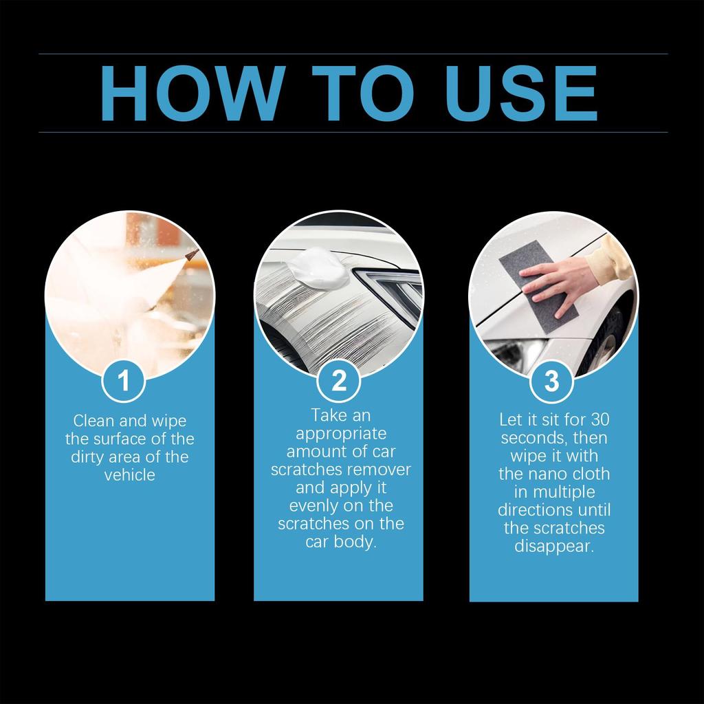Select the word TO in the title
tap(362, 93)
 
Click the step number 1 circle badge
tap(124, 380)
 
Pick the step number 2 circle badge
tap(339, 380)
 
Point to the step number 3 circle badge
tap(551, 380)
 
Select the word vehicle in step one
tap(130, 474)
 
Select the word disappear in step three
tap(553, 547)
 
